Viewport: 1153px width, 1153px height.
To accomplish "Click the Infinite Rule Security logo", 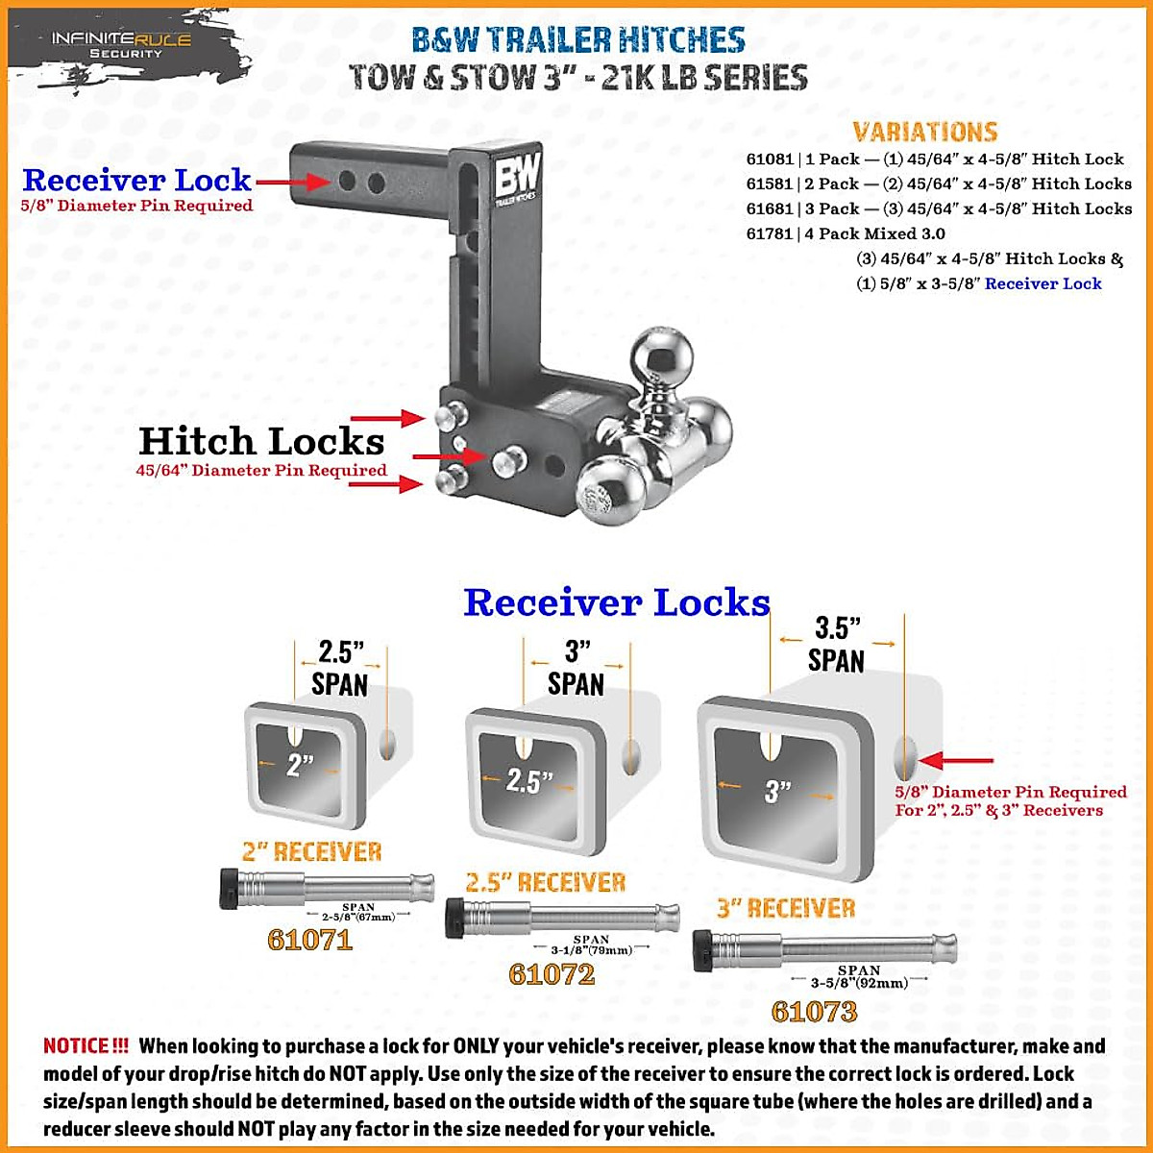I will coord(121,44).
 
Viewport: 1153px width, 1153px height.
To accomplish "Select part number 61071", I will coord(309,939).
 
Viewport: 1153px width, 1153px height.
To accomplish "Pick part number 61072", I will coord(552,973).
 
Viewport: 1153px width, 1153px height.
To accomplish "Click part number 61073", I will coord(814,1011).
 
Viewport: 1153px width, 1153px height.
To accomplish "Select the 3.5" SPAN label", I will coord(836,645).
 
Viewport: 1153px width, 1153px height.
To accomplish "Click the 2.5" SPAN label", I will coord(339,668).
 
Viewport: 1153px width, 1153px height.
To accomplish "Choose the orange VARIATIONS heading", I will coord(924,133).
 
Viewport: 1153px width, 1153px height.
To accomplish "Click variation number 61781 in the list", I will coord(770,233).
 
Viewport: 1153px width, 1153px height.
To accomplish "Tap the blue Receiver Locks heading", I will coord(616,602).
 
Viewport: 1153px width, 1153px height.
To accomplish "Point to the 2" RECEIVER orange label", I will coord(311,851).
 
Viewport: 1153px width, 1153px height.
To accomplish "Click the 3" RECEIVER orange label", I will coord(785,908).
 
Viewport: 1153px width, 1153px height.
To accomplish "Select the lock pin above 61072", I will coord(562,918).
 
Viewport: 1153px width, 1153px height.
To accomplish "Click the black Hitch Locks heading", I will coord(261,441).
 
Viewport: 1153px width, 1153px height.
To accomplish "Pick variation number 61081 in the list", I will coord(770,159).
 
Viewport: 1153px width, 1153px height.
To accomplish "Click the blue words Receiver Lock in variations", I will coord(1043,283).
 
